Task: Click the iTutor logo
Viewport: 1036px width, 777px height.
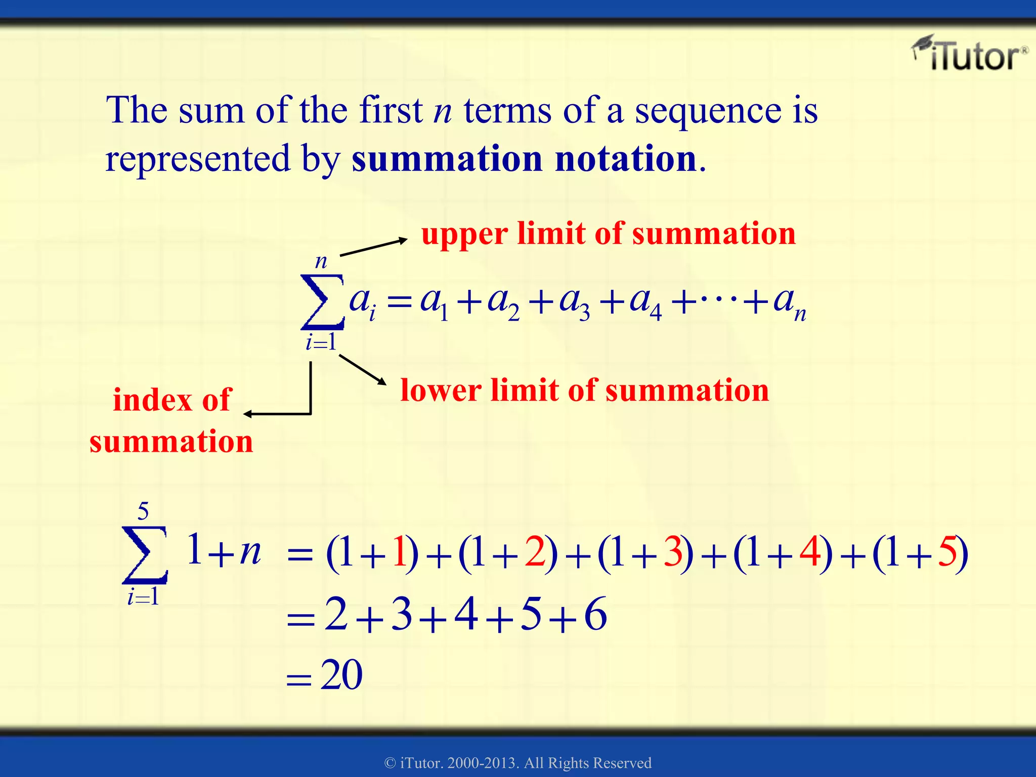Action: [x=970, y=55]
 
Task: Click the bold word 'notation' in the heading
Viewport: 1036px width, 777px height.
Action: [x=625, y=159]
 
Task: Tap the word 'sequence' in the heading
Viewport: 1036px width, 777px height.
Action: [x=708, y=110]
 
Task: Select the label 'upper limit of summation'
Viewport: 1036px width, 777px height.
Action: [x=609, y=234]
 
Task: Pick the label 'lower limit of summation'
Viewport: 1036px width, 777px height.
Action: [x=584, y=391]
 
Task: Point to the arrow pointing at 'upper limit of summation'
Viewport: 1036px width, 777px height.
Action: [x=373, y=247]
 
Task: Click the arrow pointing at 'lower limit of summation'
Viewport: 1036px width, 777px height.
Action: [x=362, y=370]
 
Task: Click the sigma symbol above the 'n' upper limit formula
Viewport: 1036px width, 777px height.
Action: [x=322, y=301]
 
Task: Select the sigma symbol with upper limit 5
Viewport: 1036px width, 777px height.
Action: [x=144, y=554]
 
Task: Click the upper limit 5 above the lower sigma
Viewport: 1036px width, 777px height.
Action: [x=143, y=511]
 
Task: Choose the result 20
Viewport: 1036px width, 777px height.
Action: [x=341, y=675]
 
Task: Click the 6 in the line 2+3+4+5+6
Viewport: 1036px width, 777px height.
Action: [x=595, y=614]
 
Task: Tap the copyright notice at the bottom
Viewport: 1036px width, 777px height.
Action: [x=518, y=762]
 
